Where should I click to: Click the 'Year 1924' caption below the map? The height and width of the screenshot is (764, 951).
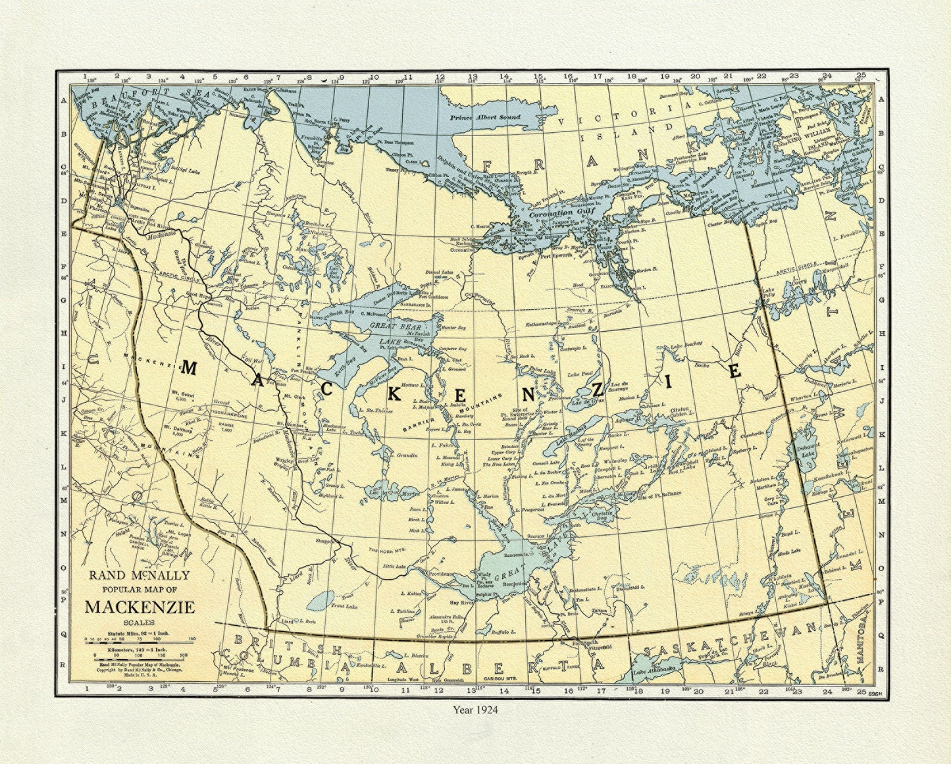[x=475, y=709]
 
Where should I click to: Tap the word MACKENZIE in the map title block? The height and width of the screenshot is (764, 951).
[x=140, y=606]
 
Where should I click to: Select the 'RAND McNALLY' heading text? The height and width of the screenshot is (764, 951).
[x=140, y=575]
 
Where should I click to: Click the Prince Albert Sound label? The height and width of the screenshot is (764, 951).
[x=485, y=117]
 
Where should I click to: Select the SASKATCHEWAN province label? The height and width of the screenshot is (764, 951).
[x=731, y=639]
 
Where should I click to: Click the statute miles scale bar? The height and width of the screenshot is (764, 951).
[x=140, y=639]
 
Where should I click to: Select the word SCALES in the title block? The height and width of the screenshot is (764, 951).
[x=140, y=622]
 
